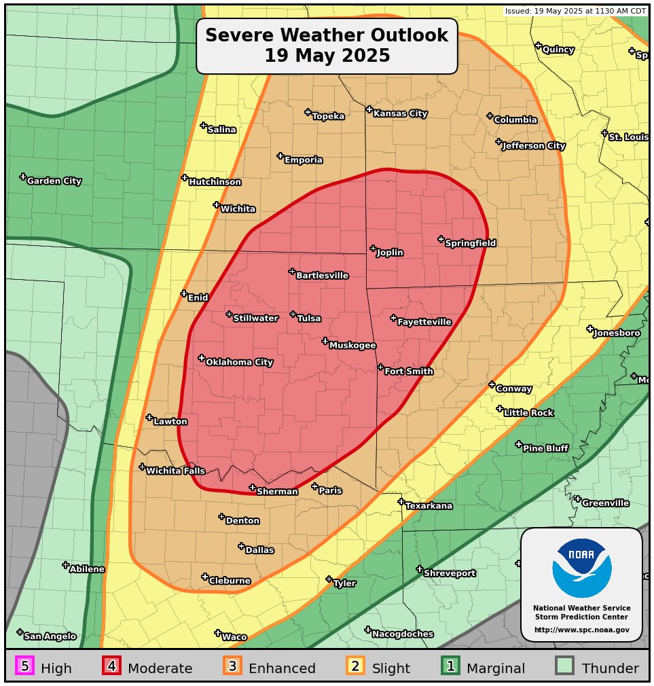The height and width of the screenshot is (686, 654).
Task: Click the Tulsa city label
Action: [309, 319]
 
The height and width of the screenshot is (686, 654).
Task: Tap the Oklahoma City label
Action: [239, 363]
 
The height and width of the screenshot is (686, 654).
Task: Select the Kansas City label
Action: [400, 114]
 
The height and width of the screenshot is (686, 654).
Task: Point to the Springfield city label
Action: [470, 243]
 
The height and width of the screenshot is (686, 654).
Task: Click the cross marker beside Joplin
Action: [373, 249]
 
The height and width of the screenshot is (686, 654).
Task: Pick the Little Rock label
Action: [528, 413]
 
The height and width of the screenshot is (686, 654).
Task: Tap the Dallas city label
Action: [259, 550]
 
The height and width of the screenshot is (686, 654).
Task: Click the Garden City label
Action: [54, 181]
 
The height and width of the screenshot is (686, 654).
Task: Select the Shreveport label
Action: [449, 574]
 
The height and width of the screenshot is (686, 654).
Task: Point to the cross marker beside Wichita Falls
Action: [142, 467]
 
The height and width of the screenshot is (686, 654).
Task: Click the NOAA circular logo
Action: [581, 568]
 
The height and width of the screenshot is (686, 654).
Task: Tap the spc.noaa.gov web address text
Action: [581, 630]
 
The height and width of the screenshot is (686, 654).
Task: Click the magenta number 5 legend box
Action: [24, 666]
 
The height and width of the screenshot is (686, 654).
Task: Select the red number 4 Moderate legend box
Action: [111, 666]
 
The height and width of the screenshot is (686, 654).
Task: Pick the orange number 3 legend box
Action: [232, 666]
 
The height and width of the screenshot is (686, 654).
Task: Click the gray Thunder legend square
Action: [564, 666]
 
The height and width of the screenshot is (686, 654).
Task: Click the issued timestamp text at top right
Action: [575, 11]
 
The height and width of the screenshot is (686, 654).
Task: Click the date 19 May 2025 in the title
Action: [327, 56]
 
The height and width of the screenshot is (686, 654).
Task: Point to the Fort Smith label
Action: [408, 372]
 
